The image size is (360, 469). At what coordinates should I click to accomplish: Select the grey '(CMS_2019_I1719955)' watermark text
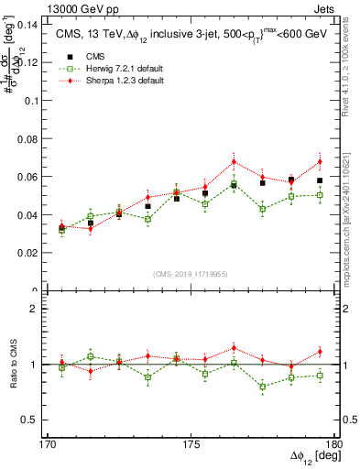click(x=191, y=274)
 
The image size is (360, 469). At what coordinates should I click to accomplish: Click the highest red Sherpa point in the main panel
click(x=234, y=161)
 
